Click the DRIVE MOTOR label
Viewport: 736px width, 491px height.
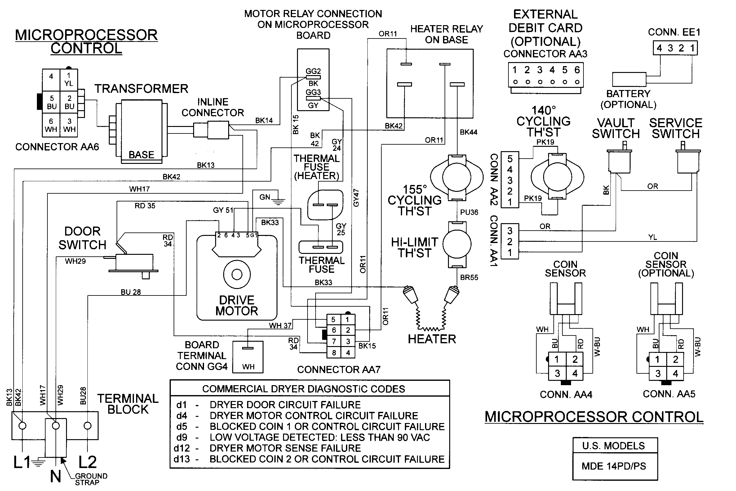(x=237, y=305)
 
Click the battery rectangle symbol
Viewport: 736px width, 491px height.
(x=629, y=79)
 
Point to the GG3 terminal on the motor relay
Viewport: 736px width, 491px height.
(x=313, y=98)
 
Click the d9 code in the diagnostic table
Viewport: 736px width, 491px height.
(x=182, y=437)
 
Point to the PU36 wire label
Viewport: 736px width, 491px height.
(x=469, y=212)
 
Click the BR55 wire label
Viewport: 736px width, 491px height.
(x=469, y=277)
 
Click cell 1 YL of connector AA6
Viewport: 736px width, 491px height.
(x=69, y=79)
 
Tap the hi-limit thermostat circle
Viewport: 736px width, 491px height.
(x=457, y=244)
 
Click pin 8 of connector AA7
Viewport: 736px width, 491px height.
(x=334, y=353)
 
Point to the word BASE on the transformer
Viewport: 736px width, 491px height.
(x=141, y=155)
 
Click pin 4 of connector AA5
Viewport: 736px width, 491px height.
(x=675, y=374)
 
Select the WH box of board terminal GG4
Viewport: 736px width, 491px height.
(x=248, y=357)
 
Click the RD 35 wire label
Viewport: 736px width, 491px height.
(x=145, y=206)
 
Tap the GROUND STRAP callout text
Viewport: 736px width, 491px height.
(x=91, y=479)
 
